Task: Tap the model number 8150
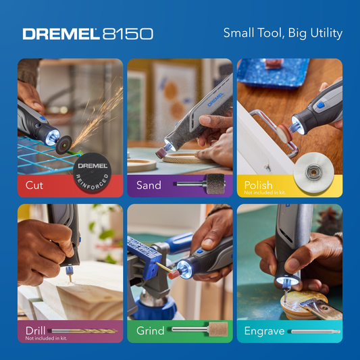(x=128, y=34)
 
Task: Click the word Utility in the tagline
(x=326, y=33)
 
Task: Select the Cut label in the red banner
(x=34, y=185)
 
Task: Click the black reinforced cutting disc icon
(x=92, y=172)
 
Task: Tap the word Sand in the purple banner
(x=149, y=185)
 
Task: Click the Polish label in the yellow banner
(x=258, y=185)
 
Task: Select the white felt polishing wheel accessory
(x=313, y=172)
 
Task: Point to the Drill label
(x=35, y=331)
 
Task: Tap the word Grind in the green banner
(x=151, y=331)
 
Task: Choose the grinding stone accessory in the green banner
(x=200, y=329)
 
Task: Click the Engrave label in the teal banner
(x=264, y=331)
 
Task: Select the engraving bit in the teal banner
(x=315, y=332)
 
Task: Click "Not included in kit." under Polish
(x=265, y=192)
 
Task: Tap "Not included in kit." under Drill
(x=46, y=338)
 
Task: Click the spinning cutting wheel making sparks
(x=63, y=145)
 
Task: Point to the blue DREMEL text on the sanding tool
(x=215, y=99)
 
